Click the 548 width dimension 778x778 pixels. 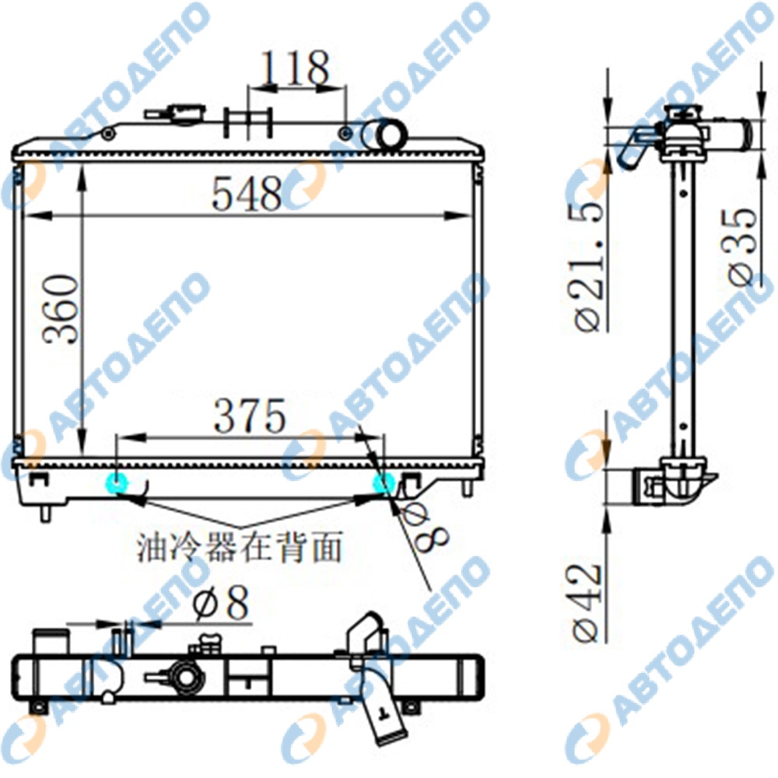coord(247,193)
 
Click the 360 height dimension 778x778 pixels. coord(61,309)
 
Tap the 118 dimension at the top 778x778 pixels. coord(296,67)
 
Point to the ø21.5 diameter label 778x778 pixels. coord(590,266)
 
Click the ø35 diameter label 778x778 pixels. coord(743,247)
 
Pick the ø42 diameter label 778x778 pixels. coord(587,604)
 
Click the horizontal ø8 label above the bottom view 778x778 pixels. coord(221,604)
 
